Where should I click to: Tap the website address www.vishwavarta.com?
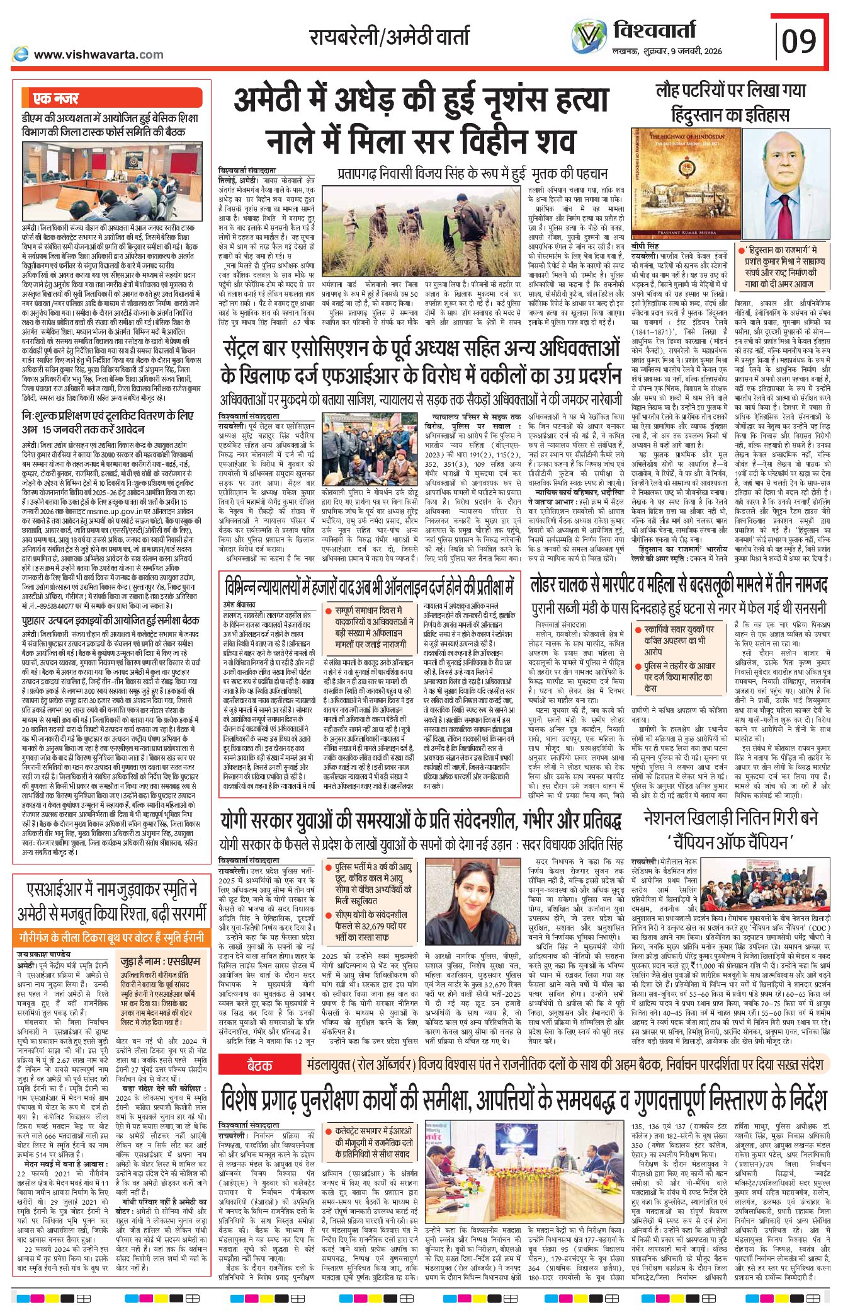98,55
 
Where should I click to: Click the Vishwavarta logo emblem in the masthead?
590,36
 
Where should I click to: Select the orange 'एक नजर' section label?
57,98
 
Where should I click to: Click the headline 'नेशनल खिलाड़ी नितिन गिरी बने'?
730,818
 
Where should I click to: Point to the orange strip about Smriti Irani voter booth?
111,937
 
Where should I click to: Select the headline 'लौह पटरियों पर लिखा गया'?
730,91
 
